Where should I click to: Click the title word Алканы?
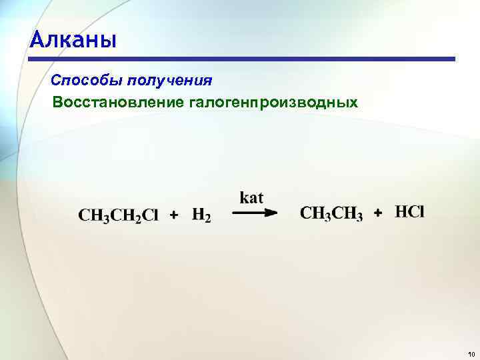click(x=73, y=39)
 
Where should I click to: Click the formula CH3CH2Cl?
click(x=119, y=216)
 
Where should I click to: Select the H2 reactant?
click(x=201, y=215)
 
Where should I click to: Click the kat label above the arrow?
click(x=251, y=197)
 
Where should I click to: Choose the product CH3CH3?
click(x=331, y=213)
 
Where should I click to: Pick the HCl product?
click(x=409, y=212)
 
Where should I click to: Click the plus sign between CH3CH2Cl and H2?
click(x=174, y=215)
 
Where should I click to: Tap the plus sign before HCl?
click(x=379, y=213)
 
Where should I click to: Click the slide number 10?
click(x=471, y=354)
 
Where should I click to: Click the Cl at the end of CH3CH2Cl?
click(x=150, y=215)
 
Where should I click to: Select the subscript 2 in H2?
click(x=207, y=219)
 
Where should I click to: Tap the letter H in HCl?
click(x=401, y=212)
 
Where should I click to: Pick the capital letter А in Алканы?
click(x=38, y=40)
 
